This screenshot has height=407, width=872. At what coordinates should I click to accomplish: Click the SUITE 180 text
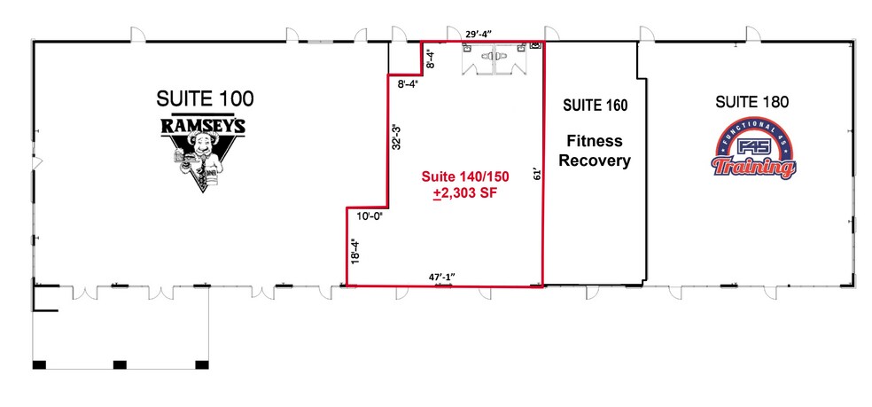pyautogui.click(x=751, y=103)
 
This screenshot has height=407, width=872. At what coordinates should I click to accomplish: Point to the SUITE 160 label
pyautogui.click(x=596, y=106)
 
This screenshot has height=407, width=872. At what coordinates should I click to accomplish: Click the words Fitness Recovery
pyautogui.click(x=596, y=151)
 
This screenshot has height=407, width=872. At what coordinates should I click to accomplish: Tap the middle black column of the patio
pyautogui.click(x=118, y=364)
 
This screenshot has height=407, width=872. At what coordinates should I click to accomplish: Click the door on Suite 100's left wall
pyautogui.click(x=35, y=162)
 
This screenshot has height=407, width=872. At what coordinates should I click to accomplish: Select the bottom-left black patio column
pyautogui.click(x=39, y=364)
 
